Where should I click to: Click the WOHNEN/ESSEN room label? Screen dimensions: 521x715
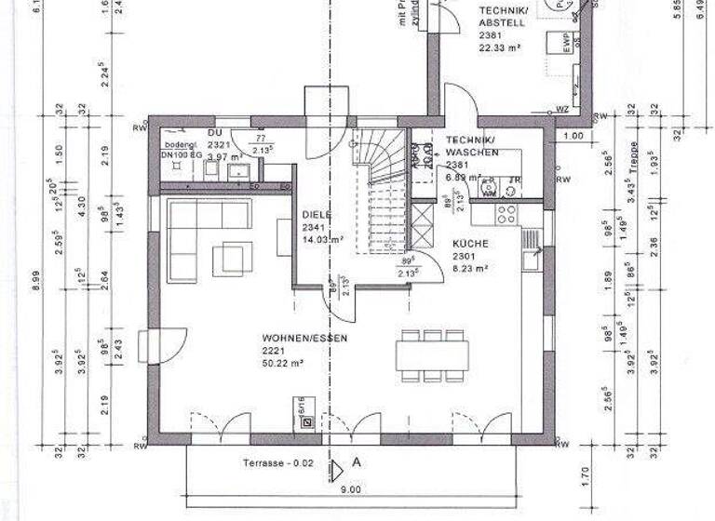[291, 339]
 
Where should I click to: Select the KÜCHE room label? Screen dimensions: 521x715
[471, 243]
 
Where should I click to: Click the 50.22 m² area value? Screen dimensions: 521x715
[282, 364]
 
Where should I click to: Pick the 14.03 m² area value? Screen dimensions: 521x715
[322, 239]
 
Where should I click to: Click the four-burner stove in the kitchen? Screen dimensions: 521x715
[506, 214]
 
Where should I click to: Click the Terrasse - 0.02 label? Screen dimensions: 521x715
[277, 462]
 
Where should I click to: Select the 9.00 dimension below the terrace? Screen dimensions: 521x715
[350, 489]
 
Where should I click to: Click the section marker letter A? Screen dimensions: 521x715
[356, 461]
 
